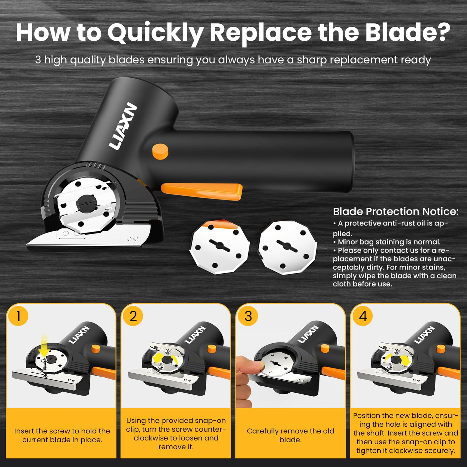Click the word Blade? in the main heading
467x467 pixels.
pyautogui.click(x=407, y=32)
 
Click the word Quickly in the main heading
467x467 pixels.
pyautogui.click(x=155, y=34)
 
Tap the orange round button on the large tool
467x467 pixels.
pyautogui.click(x=160, y=151)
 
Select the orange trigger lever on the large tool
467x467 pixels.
pyautogui.click(x=201, y=191)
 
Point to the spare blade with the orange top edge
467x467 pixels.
pyautogui.click(x=219, y=247)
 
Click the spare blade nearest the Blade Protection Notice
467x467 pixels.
pyautogui.click(x=288, y=248)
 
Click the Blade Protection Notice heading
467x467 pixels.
pyautogui.click(x=396, y=211)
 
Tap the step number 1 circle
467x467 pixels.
pyautogui.click(x=18, y=316)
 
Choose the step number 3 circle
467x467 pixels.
pyautogui.click(x=248, y=316)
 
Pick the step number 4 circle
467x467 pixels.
pyautogui.click(x=363, y=316)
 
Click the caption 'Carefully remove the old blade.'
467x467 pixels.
pyautogui.click(x=290, y=435)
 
